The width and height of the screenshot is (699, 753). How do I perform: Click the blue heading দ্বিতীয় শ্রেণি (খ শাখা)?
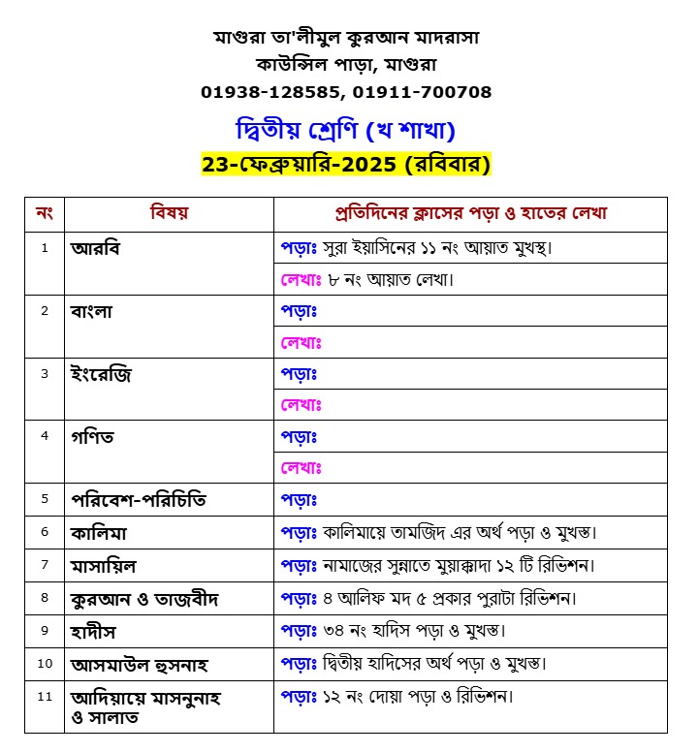point(346,130)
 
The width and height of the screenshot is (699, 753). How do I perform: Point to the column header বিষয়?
point(169,213)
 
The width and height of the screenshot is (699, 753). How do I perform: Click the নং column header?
point(44,213)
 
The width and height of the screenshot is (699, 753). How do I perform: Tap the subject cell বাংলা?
point(92,311)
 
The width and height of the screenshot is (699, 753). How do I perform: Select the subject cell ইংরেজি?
point(100,374)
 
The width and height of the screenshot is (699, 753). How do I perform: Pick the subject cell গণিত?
point(92,437)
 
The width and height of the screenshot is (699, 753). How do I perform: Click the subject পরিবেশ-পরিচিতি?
point(138,500)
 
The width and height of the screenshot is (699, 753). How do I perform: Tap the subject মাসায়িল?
point(110,564)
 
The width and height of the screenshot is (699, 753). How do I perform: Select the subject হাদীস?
point(96,631)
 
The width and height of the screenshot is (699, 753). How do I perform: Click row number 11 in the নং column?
point(44,696)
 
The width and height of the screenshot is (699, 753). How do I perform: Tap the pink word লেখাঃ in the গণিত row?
point(301,468)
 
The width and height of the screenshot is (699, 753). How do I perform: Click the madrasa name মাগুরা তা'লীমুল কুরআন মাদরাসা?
point(346,37)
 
